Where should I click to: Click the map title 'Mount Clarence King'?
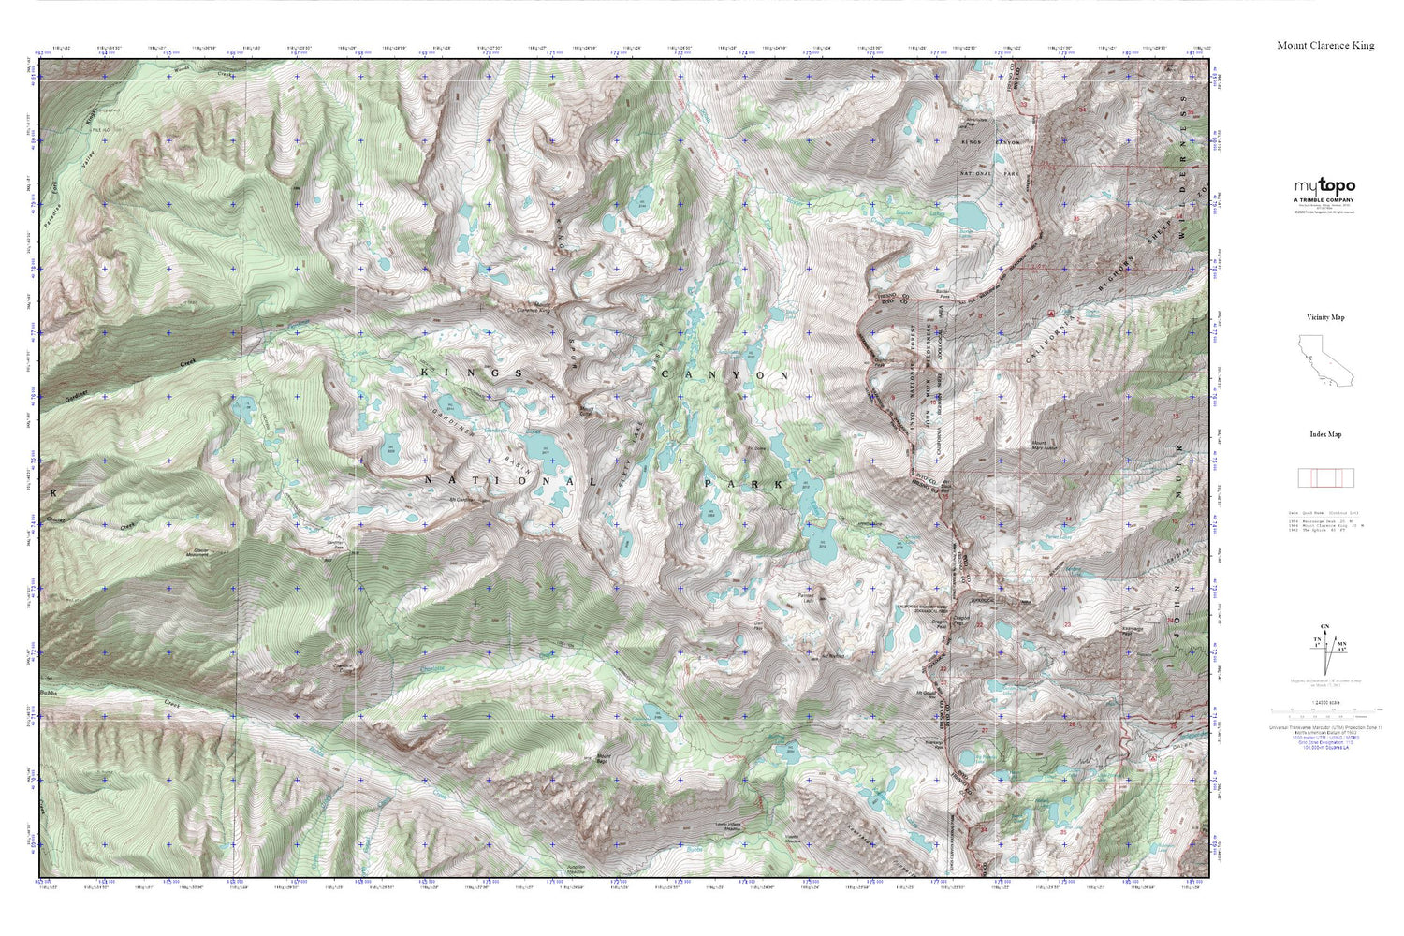click(x=1325, y=45)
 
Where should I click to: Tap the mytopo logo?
click(x=1324, y=186)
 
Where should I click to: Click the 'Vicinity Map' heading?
click(x=1325, y=317)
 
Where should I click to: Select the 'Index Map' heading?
click(x=1325, y=434)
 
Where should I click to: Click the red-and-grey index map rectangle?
click(x=1325, y=478)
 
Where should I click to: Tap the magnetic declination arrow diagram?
click(x=1325, y=645)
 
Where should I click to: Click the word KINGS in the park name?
click(x=473, y=373)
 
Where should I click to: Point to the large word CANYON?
click(x=725, y=374)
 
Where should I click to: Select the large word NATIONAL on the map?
click(x=510, y=481)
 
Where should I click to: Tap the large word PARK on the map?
click(x=744, y=484)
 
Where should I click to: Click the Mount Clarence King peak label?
click(x=532, y=310)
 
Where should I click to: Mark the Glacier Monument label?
click(x=199, y=553)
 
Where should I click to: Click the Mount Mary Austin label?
click(x=1044, y=444)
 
